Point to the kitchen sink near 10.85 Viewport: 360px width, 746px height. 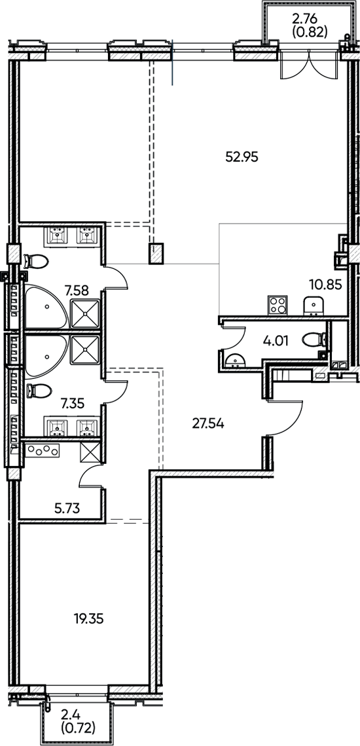click(313, 306)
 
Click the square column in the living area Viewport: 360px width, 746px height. click(156, 253)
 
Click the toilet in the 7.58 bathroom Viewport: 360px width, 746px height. click(36, 262)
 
